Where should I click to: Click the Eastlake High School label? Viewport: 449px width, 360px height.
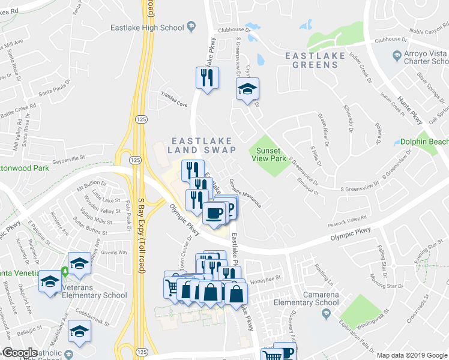click(x=147, y=27)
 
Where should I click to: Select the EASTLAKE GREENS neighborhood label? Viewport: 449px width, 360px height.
click(x=315, y=60)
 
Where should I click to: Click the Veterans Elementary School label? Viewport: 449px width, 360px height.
click(x=89, y=295)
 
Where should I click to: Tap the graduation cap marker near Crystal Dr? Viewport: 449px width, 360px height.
click(x=247, y=89)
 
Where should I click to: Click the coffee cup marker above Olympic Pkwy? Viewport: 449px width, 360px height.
click(x=214, y=213)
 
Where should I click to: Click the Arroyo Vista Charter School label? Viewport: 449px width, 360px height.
click(x=427, y=58)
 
